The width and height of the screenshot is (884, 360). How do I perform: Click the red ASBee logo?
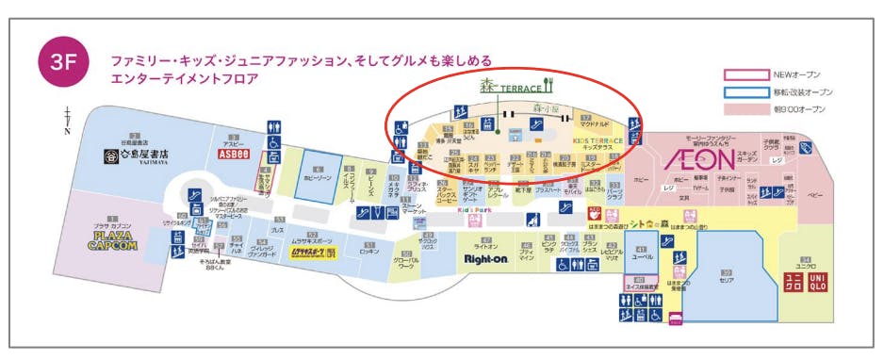point(233,152)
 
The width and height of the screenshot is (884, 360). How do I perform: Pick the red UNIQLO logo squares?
point(806,281)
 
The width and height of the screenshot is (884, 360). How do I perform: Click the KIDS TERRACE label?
point(593,141)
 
